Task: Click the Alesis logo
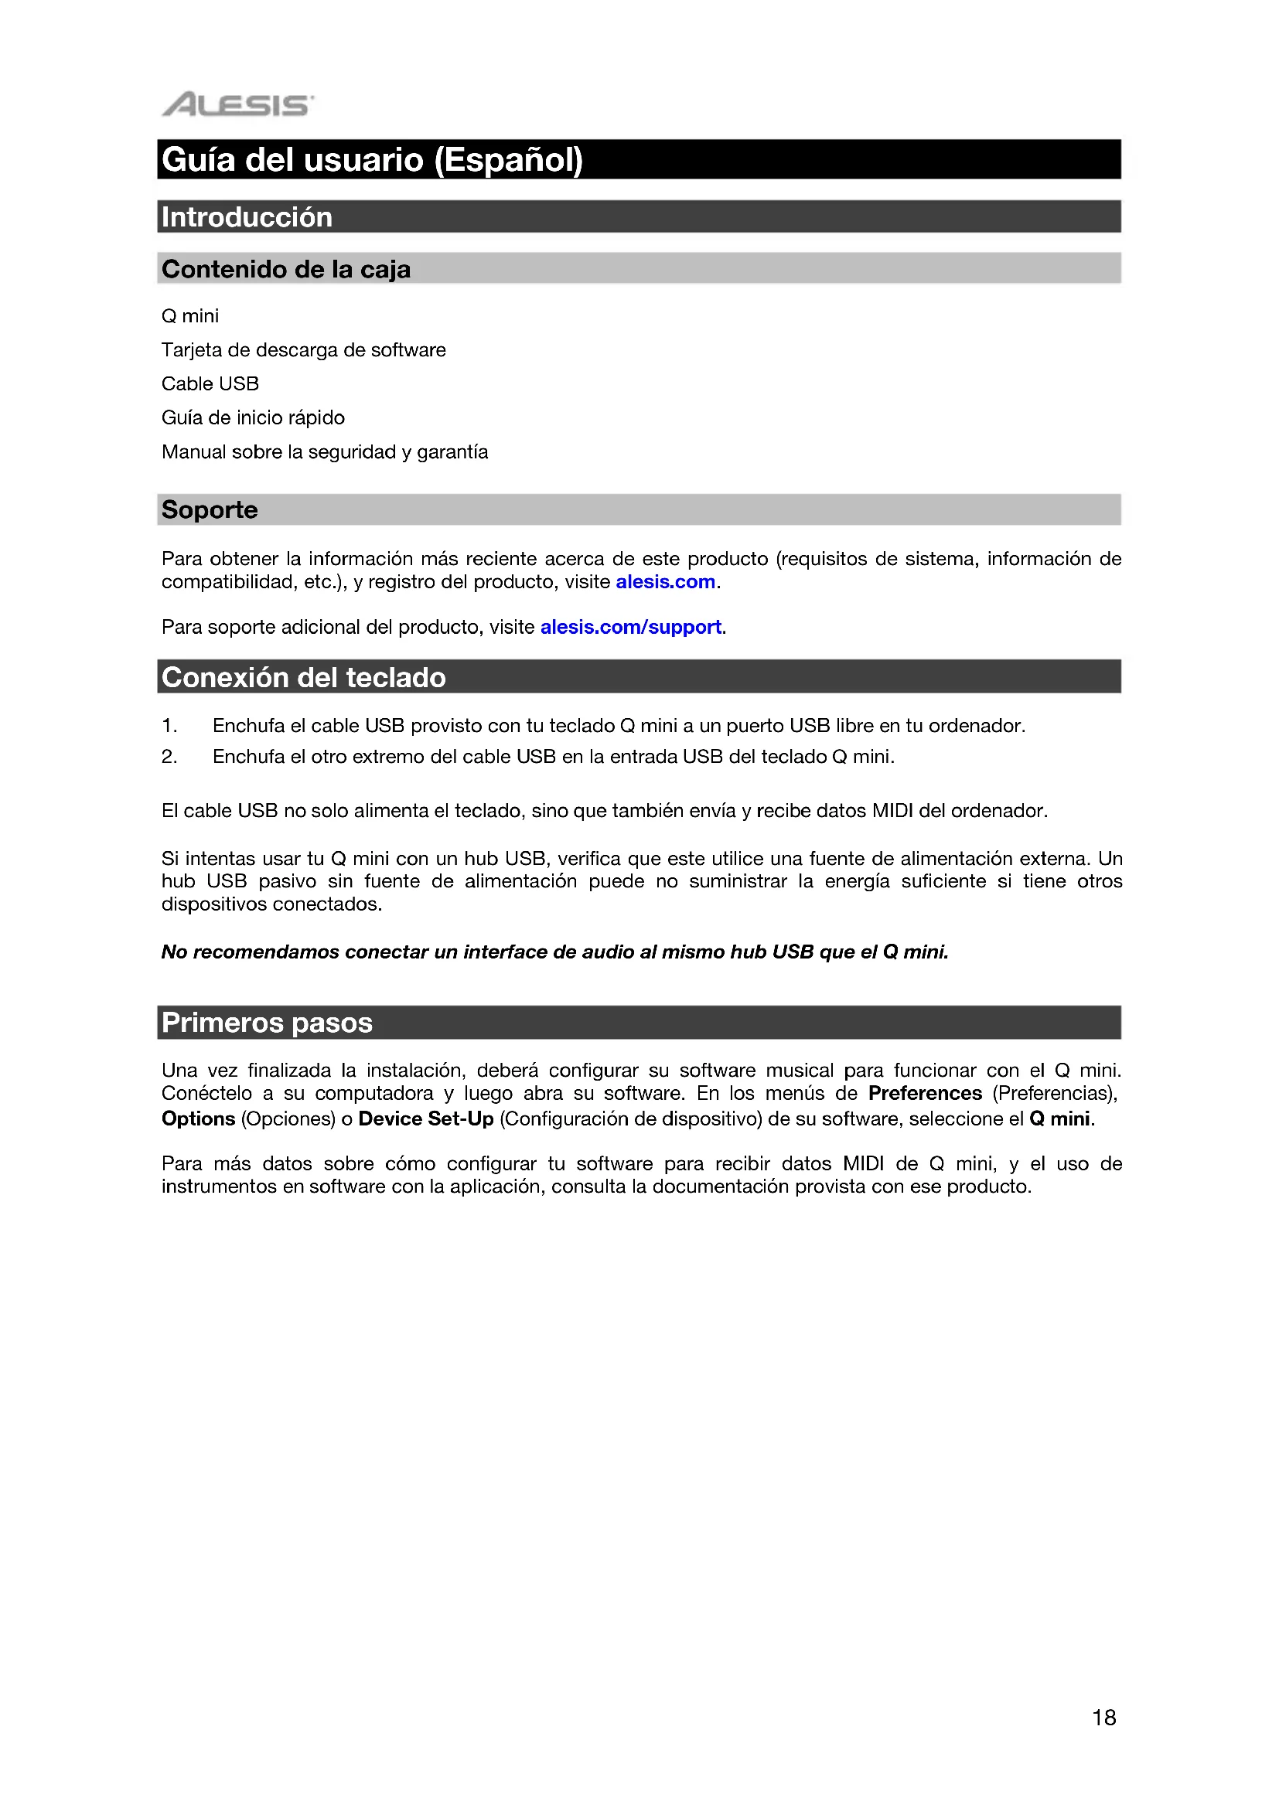pos(237,104)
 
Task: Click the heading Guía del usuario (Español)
pos(372,160)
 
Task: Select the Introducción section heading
pos(247,217)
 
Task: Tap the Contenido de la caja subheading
pos(286,269)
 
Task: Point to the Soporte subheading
pos(210,509)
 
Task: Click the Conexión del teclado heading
pos(303,677)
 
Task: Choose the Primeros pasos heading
pos(267,1022)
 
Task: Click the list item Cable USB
pos(210,383)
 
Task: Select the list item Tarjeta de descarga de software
pos(303,349)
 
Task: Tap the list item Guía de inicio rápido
pos(253,417)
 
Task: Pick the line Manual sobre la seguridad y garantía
pos(325,452)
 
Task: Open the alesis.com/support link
pos(631,627)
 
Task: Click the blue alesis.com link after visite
pos(666,582)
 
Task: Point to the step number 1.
pos(169,725)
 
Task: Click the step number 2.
pos(169,757)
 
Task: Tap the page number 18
pos(1104,1718)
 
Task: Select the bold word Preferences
pos(925,1093)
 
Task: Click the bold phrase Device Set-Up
pos(426,1119)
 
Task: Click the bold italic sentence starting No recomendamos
pos(554,952)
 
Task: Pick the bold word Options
pos(199,1119)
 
